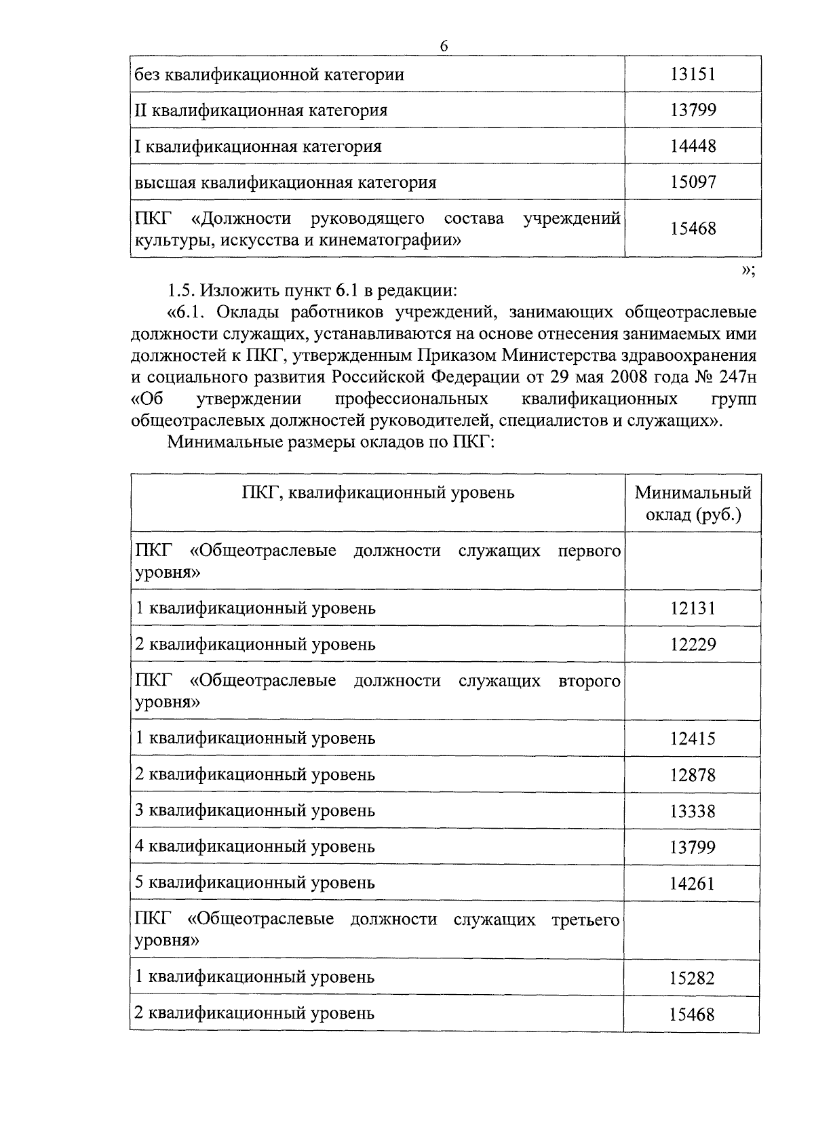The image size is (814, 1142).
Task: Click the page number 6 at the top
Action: coord(444,46)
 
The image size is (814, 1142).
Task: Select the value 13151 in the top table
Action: coord(693,74)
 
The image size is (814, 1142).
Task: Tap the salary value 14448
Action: coord(693,146)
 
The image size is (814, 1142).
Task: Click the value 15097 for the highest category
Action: coord(693,182)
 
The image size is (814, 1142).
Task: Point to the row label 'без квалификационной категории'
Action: coord(269,74)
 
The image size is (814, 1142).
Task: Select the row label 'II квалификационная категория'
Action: coord(261,110)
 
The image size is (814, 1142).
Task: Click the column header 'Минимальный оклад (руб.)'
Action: coord(693,503)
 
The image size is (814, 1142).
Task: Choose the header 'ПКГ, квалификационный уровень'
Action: coord(378,492)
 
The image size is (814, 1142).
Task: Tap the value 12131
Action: coord(693,608)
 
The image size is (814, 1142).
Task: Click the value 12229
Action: coord(693,644)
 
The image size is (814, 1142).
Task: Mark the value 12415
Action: coord(693,739)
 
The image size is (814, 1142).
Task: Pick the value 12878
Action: coord(693,775)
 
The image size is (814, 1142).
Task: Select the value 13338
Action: coord(693,811)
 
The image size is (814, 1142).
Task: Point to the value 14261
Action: coord(693,884)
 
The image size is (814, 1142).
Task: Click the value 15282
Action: coord(693,978)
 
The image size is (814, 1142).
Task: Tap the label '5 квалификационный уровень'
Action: coord(255,883)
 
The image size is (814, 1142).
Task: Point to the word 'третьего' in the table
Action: coord(586,920)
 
